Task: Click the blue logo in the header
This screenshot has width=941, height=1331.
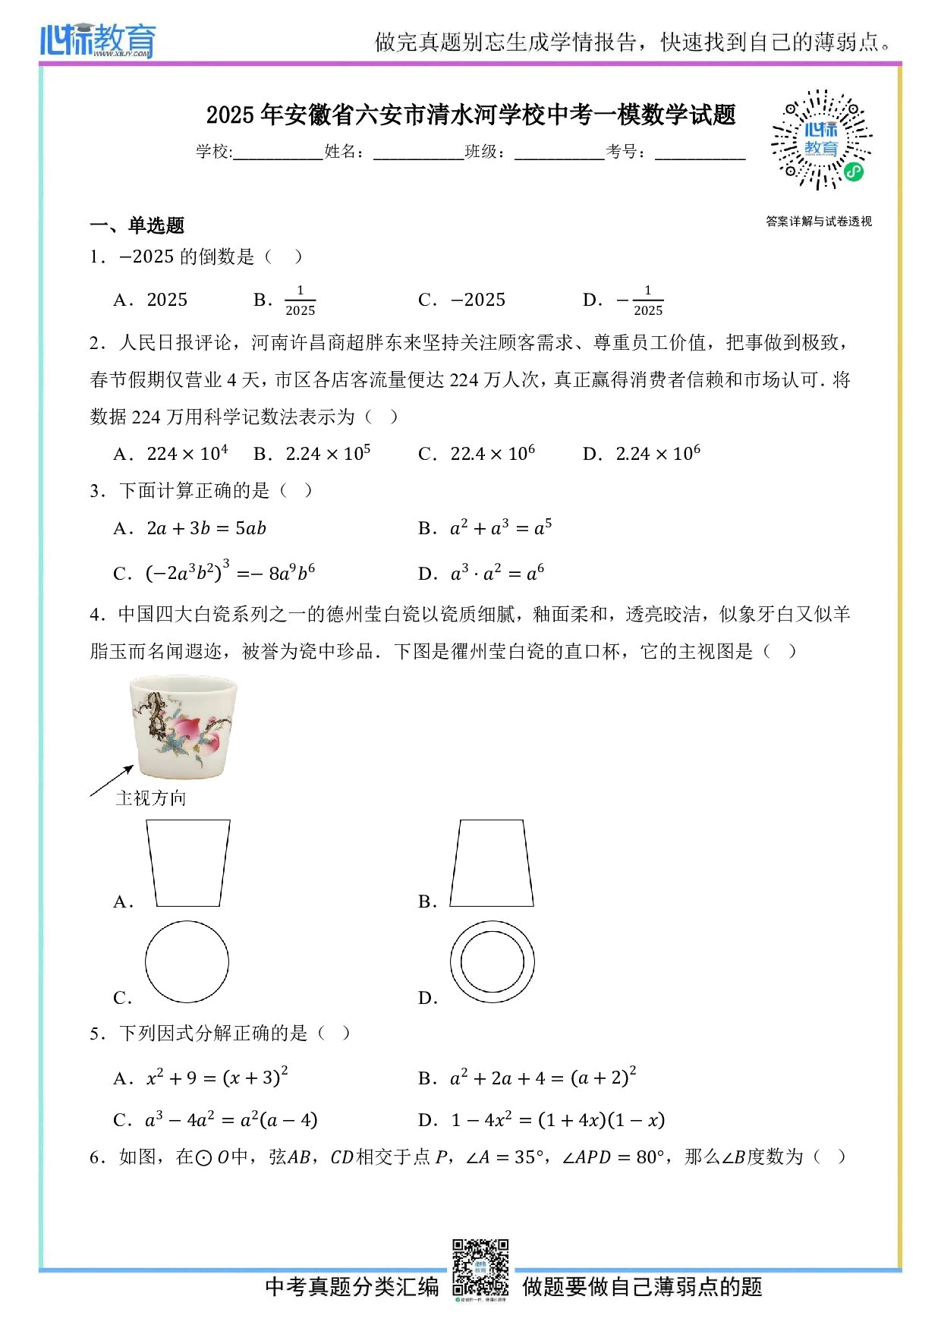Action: coord(98,40)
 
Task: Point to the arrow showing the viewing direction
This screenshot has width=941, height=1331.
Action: coord(112,781)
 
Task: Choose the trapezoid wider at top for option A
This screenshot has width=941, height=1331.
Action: coord(188,863)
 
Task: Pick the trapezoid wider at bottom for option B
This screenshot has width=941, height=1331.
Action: coord(492,863)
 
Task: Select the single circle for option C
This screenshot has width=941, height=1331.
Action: coord(187,961)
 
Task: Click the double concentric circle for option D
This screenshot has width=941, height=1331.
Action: coord(492,961)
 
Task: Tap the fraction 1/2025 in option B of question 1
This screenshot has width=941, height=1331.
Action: coord(300,300)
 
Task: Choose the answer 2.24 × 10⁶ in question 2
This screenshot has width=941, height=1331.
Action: coord(657,454)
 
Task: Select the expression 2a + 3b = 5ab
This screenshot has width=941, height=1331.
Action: coord(206,528)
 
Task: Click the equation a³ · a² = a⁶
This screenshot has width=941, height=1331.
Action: coord(497,573)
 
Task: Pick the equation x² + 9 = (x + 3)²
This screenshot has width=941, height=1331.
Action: coord(217,1078)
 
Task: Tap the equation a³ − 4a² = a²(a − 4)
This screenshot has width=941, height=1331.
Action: coord(231,1120)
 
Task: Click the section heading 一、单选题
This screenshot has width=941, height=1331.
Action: coord(137,225)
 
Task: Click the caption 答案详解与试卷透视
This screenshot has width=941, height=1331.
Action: coord(819,222)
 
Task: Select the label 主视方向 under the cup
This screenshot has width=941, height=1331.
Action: coord(151,798)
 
